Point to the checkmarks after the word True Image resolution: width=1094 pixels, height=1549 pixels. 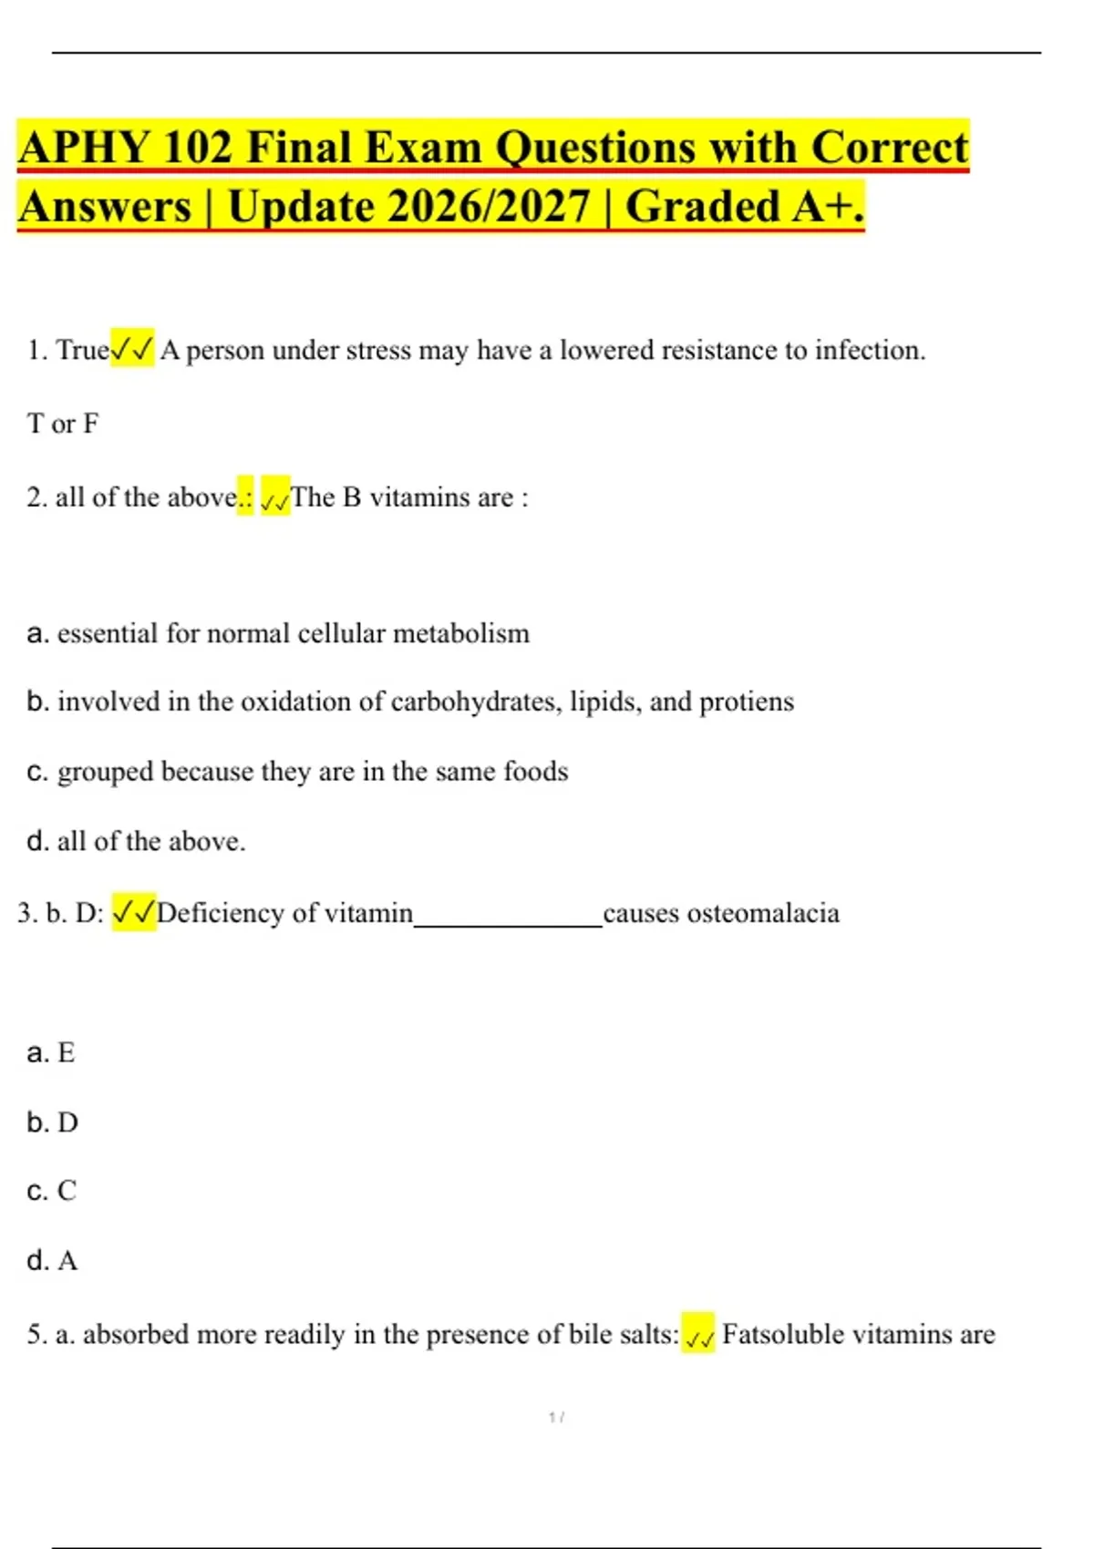click(132, 349)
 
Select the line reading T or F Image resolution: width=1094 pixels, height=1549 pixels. click(63, 424)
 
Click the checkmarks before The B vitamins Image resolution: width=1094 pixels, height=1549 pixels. click(275, 498)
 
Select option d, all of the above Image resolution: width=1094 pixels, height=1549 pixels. click(137, 841)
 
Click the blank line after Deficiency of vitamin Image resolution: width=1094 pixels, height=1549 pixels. click(508, 916)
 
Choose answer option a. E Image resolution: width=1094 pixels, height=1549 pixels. click(52, 1053)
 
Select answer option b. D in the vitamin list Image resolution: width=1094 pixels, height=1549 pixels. click(53, 1123)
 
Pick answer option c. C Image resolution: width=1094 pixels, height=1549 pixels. click(52, 1191)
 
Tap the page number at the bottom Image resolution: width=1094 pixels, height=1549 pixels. click(556, 1417)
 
